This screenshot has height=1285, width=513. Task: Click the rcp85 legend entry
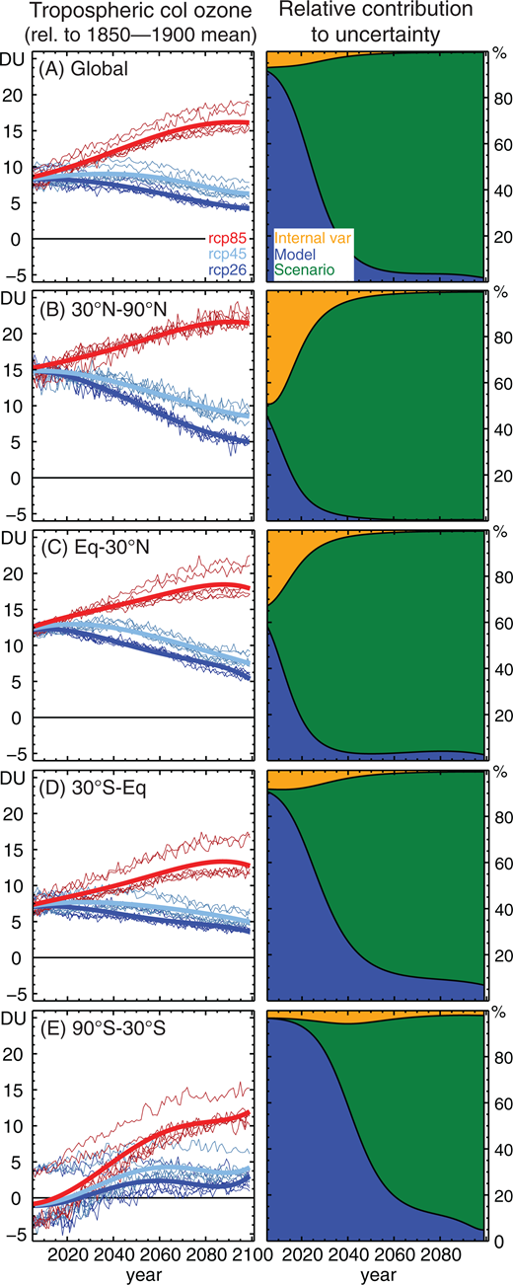point(233,237)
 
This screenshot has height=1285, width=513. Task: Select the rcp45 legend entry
point(233,253)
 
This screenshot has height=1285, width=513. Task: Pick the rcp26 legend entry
point(233,268)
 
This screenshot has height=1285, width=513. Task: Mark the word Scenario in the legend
point(304,268)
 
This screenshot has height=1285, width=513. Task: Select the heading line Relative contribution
point(374,13)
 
